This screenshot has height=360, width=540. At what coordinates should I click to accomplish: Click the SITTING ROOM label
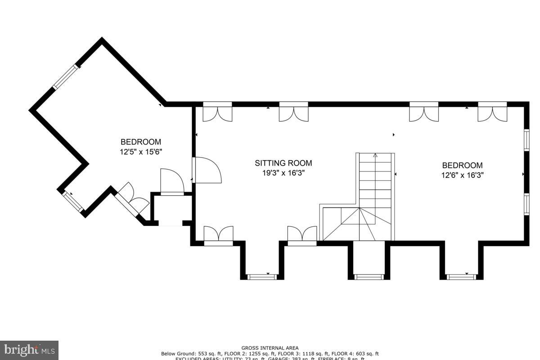[283, 163]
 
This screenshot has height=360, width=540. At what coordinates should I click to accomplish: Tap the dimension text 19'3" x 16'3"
[283, 173]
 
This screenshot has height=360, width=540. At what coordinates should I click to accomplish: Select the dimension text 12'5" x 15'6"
[140, 152]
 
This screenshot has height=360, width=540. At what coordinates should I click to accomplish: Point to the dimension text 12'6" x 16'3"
[462, 175]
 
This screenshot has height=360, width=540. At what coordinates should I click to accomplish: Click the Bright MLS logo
[29, 350]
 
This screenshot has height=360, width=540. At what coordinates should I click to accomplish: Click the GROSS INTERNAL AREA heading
[270, 348]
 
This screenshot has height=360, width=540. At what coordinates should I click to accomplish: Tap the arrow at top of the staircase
[375, 156]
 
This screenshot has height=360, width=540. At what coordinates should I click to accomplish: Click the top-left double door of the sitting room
[217, 112]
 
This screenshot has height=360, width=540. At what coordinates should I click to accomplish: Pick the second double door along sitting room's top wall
[293, 112]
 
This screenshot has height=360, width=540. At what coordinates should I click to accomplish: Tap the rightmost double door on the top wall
[492, 112]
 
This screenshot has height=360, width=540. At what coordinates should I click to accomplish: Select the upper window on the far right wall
[526, 139]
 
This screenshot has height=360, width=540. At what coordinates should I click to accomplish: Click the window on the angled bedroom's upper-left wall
[66, 77]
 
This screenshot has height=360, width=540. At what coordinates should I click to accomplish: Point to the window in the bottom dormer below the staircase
[369, 277]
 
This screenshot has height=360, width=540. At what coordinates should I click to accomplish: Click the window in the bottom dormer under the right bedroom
[461, 277]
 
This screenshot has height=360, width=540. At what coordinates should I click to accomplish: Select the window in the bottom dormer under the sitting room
[262, 277]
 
